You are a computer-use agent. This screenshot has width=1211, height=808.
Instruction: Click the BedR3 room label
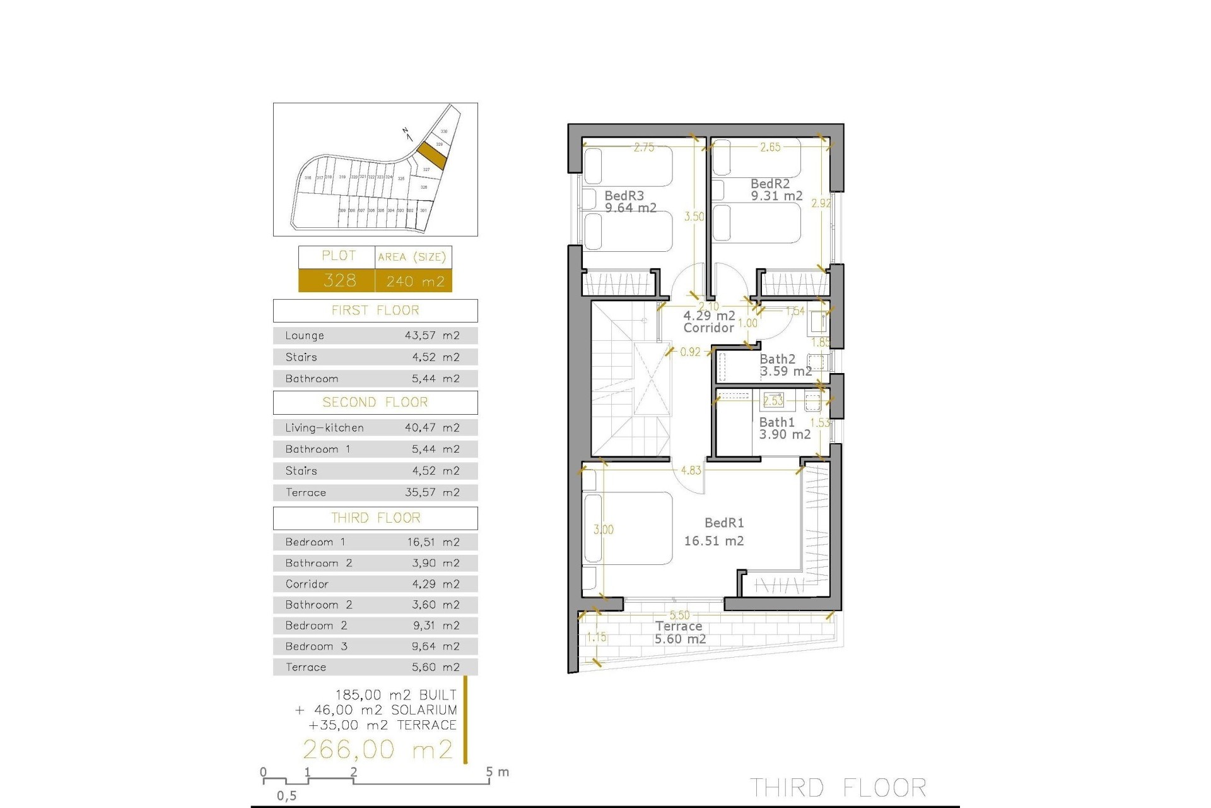pos(624,196)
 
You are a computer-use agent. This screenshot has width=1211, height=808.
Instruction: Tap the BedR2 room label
pos(770,184)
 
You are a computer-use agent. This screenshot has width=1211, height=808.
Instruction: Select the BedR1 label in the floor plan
pos(724,523)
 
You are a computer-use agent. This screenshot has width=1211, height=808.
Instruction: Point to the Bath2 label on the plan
pos(777,359)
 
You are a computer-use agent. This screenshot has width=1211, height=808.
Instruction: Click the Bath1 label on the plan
pos(776,422)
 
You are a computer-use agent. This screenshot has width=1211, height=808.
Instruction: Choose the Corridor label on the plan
pos(708,328)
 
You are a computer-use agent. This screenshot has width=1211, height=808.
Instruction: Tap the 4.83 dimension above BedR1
pos(691,470)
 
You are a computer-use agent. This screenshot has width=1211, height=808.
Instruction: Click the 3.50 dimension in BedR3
pos(694,217)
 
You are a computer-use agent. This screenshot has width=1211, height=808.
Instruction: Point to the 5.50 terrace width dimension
pos(679,615)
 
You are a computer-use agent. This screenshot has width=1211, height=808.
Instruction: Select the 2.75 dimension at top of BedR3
pos(644,147)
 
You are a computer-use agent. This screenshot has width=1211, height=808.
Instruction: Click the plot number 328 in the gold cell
pos(339,280)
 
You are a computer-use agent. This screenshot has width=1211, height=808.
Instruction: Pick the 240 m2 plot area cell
pos(415,281)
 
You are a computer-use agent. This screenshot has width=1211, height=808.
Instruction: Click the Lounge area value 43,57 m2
pos(432,336)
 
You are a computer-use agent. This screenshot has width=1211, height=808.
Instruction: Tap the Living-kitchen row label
pos(324,428)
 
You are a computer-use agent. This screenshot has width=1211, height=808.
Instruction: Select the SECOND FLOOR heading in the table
pos(375,402)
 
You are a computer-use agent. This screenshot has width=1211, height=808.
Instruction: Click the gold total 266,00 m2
pos(378,749)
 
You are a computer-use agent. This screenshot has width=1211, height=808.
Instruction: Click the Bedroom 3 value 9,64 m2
pos(436,646)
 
